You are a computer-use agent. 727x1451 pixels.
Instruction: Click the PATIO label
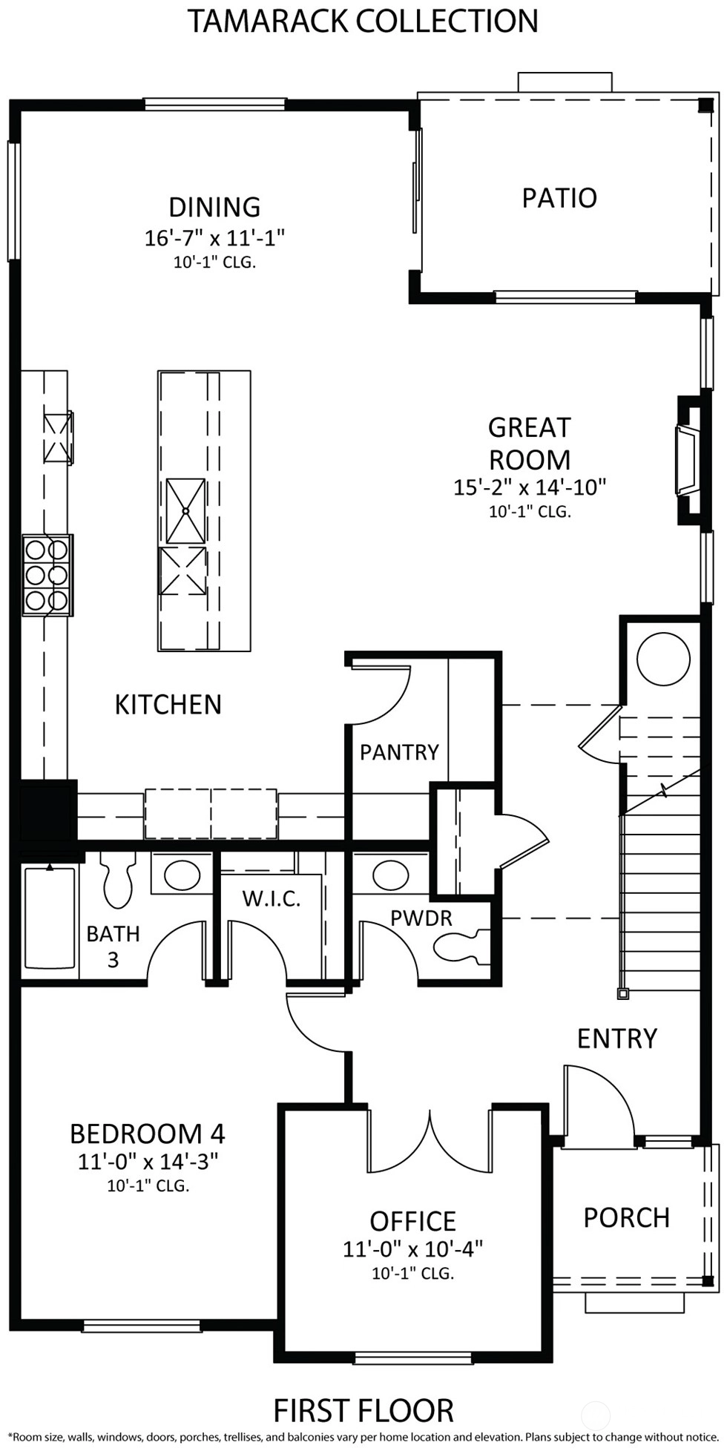click(x=559, y=198)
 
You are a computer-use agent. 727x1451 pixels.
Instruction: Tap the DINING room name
click(x=214, y=206)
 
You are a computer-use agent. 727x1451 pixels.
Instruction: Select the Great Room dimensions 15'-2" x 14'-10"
click(x=530, y=487)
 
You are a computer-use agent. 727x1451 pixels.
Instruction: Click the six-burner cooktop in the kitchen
click(x=47, y=574)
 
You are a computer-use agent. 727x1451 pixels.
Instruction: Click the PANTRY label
click(x=399, y=752)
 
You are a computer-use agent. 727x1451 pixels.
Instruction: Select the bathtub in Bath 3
click(x=50, y=917)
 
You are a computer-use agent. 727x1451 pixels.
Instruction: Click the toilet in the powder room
click(x=462, y=947)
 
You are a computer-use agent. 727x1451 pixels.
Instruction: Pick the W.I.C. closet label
click(x=272, y=898)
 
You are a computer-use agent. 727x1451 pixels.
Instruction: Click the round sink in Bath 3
click(x=182, y=875)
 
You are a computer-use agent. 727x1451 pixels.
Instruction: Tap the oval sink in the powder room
click(x=389, y=874)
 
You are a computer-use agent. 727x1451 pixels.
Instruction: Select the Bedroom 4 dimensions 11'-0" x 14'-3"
click(x=148, y=1161)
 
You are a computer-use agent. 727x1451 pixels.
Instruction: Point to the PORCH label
click(x=626, y=1217)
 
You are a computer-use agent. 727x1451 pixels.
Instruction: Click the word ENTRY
click(x=617, y=1039)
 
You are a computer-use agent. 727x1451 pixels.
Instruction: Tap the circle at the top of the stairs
click(x=663, y=659)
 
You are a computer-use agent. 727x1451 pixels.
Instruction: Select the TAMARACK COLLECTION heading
click(x=363, y=21)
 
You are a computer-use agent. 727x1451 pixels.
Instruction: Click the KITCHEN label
click(x=168, y=705)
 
